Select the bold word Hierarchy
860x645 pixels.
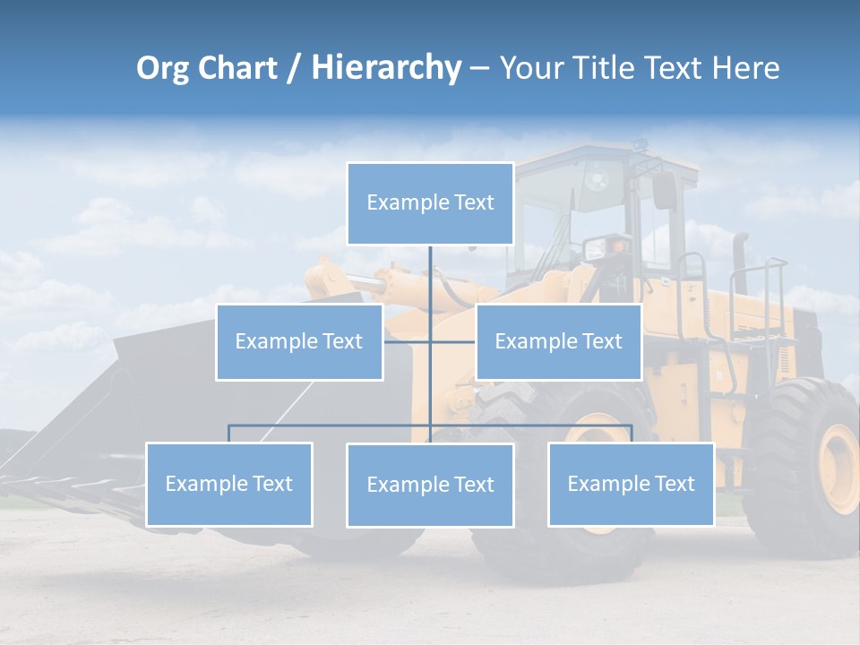386,68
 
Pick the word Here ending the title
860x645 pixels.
745,68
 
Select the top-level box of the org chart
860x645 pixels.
430,203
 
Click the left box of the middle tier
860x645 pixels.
299,341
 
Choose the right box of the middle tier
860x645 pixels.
558,341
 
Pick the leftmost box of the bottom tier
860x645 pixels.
229,484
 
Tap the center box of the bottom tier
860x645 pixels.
430,485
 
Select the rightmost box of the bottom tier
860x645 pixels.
631,484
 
